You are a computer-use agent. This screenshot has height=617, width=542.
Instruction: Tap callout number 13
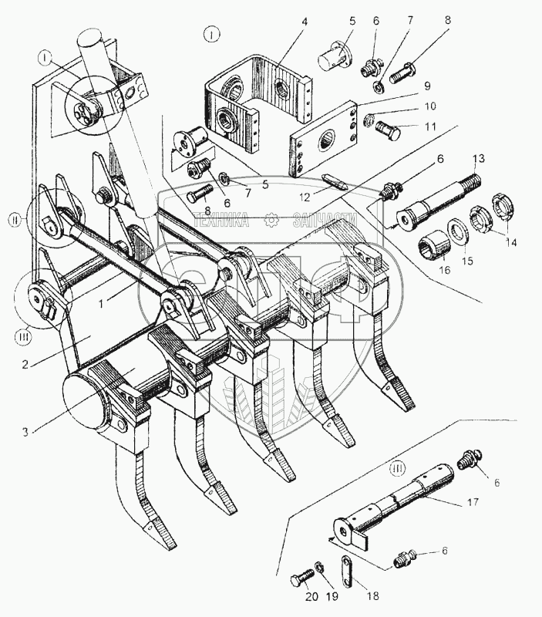click(x=478, y=159)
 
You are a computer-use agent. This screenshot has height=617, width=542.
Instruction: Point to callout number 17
click(x=472, y=501)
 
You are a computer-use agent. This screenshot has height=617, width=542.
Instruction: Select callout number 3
click(x=26, y=432)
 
